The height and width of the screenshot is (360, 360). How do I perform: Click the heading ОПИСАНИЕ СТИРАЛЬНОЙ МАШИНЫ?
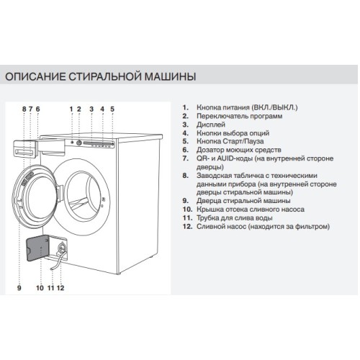pyautogui.click(x=100, y=76)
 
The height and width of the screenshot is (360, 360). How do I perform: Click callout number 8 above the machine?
pyautogui.click(x=24, y=109)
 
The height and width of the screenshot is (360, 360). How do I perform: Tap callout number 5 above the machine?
pyautogui.click(x=112, y=109)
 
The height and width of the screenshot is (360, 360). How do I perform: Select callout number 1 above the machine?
pyautogui.click(x=72, y=109)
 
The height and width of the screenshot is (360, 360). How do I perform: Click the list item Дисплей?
pyautogui.click(x=209, y=125)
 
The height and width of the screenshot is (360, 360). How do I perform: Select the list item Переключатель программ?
pyautogui.click(x=239, y=116)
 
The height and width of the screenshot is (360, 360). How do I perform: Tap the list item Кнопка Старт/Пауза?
pyautogui.click(x=228, y=142)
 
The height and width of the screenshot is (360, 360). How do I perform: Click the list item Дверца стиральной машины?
pyautogui.click(x=240, y=201)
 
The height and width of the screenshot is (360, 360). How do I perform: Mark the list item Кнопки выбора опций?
pyautogui.click(x=230, y=133)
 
